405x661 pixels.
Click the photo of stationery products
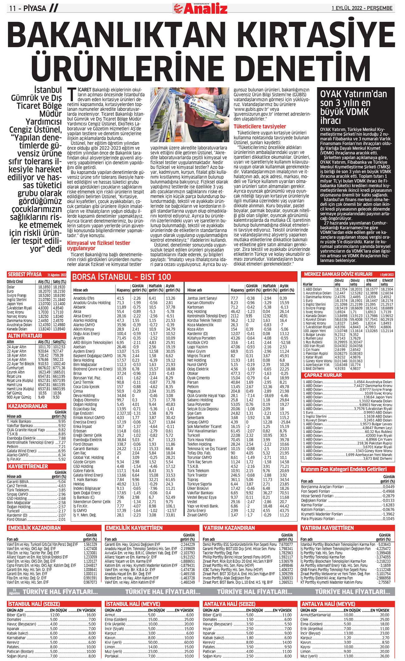(x=190, y=115)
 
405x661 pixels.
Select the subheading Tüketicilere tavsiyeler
(x=260, y=126)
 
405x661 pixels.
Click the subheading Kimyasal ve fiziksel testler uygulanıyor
(x=99, y=246)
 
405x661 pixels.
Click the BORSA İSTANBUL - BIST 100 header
(x=121, y=277)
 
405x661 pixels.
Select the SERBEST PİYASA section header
(x=25, y=275)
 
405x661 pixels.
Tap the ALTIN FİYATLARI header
(x=25, y=336)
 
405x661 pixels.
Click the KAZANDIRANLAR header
(x=28, y=406)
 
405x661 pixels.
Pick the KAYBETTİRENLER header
(x=28, y=466)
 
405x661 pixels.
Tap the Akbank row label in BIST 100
(x=79, y=307)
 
